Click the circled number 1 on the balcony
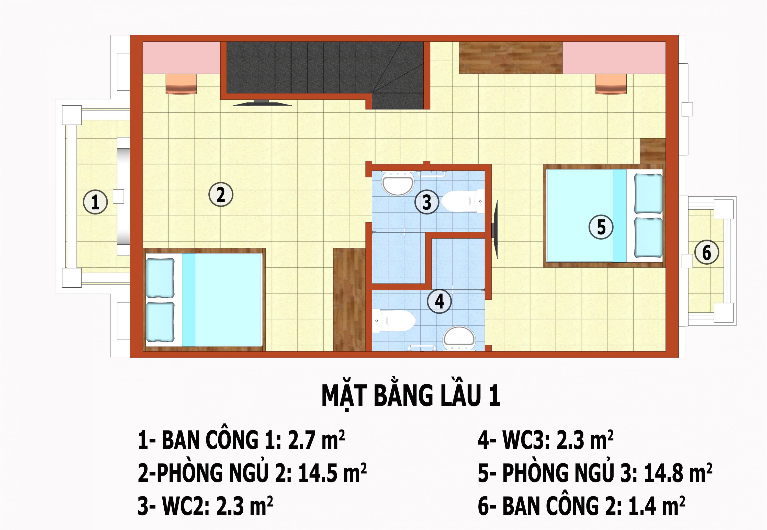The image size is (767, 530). (x=95, y=202)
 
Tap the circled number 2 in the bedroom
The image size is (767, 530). (x=221, y=195)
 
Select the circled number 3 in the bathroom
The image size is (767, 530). (x=427, y=202)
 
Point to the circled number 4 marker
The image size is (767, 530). (x=439, y=301)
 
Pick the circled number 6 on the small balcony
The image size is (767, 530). (x=707, y=252)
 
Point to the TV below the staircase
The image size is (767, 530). (x=262, y=103)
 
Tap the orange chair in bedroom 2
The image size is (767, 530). (x=181, y=84)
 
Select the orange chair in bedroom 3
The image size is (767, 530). (x=611, y=84)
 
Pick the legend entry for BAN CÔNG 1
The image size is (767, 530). (x=241, y=440)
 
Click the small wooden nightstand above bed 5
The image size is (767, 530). (x=653, y=151)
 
